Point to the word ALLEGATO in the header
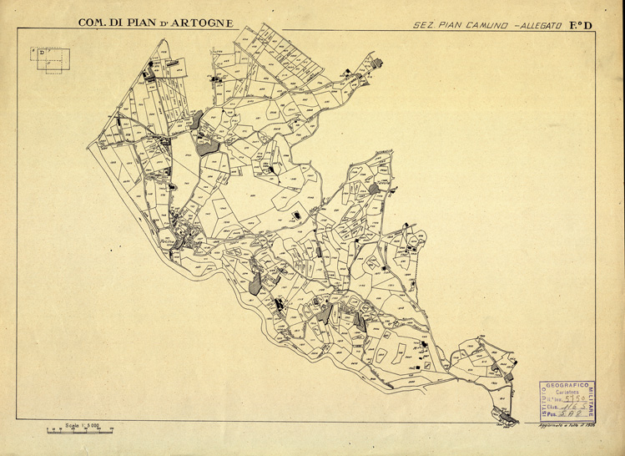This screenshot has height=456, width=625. (541, 25)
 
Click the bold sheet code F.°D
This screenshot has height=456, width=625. (581, 24)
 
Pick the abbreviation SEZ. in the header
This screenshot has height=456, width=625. (424, 25)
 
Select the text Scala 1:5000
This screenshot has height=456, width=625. (84, 424)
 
